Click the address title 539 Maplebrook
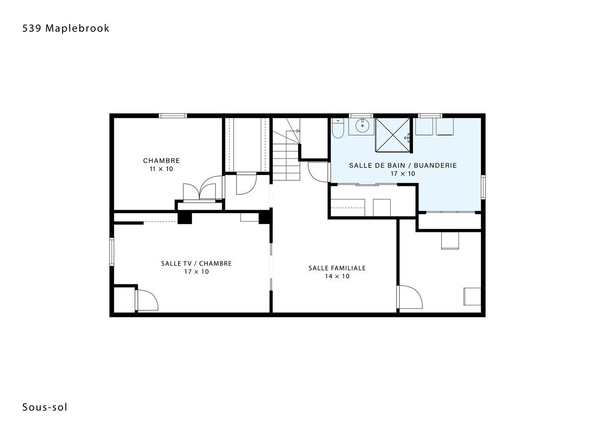tap(65, 28)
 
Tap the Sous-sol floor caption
tap(45, 407)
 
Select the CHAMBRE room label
tap(161, 161)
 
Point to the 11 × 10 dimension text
tap(161, 169)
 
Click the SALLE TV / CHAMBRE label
tap(196, 264)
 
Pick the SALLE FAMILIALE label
tap(337, 268)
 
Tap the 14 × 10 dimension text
tap(337, 276)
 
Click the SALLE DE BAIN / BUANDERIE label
tap(403, 166)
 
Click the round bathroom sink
tap(362, 126)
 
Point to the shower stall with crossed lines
tap(393, 135)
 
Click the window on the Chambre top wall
tap(173, 116)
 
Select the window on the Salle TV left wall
tap(112, 252)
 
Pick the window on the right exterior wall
tap(483, 187)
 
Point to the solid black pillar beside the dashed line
tap(184, 218)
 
